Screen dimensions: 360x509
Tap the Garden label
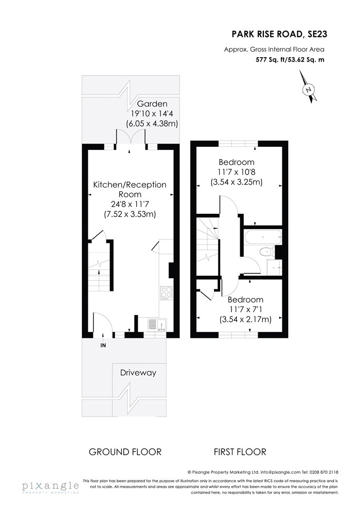(x=152, y=104)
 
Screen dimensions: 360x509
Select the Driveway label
(x=138, y=373)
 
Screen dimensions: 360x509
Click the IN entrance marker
(x=103, y=345)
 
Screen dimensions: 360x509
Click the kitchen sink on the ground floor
(x=157, y=324)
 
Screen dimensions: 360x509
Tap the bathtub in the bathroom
(x=262, y=238)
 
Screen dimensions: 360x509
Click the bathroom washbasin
(x=274, y=267)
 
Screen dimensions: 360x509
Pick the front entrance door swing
(x=103, y=322)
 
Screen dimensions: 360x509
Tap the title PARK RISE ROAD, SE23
(x=279, y=34)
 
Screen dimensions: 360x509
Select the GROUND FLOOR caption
(x=125, y=452)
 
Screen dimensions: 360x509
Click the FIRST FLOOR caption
(x=240, y=452)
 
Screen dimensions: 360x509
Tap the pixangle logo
(x=50, y=487)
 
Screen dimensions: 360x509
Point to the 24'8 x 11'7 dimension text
(x=130, y=204)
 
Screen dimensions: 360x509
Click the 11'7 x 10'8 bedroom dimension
(x=237, y=172)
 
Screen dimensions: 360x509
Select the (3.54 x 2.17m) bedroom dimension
(x=245, y=319)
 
